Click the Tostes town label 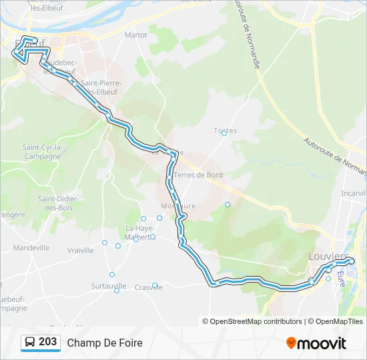point(226,131)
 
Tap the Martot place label point(135,34)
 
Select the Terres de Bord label point(198,175)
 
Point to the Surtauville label point(109,285)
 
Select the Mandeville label point(31,247)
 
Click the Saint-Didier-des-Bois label point(59,203)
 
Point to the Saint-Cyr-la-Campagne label point(43,151)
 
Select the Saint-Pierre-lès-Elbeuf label point(100,87)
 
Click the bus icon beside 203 point(30,343)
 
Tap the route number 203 point(47,342)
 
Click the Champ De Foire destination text point(105,343)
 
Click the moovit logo point(316,343)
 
